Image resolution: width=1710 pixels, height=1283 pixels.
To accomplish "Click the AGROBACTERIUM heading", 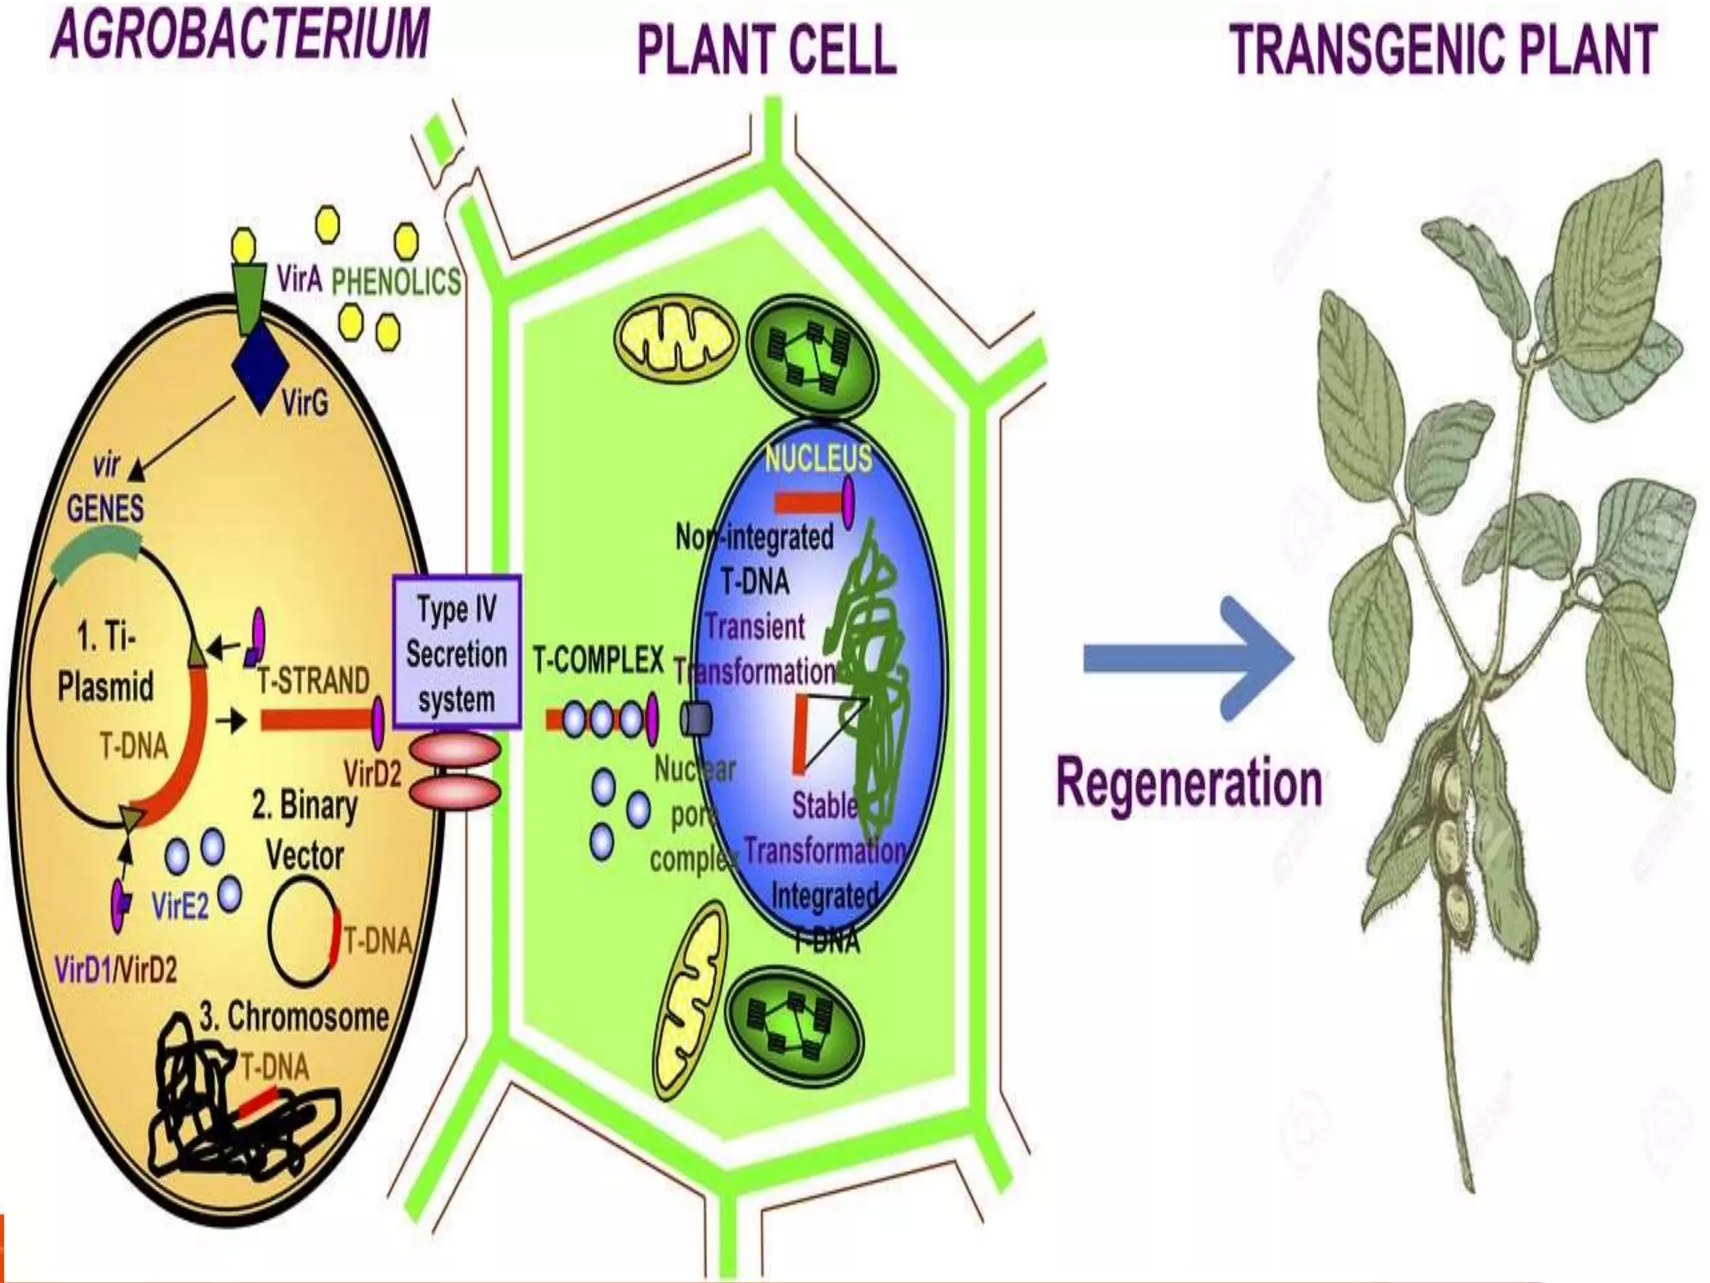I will (x=240, y=35).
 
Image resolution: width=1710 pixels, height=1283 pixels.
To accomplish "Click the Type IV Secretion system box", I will (x=457, y=652).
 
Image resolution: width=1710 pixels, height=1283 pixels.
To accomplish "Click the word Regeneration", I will (x=1189, y=783).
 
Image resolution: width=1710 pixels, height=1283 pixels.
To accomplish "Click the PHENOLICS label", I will (x=396, y=281).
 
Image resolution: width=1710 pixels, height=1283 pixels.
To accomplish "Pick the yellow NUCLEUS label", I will (x=817, y=458).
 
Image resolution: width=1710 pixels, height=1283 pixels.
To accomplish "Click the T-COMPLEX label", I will (x=599, y=662).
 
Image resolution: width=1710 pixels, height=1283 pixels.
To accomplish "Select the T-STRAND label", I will (x=312, y=681).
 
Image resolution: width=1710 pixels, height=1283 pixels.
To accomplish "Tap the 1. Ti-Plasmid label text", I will (x=106, y=664).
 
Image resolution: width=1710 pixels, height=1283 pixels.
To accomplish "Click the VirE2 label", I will (x=180, y=906).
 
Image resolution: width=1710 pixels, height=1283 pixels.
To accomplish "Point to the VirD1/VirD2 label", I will (x=115, y=971).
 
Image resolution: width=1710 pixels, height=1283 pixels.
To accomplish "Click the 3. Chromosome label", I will (x=294, y=1016).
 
